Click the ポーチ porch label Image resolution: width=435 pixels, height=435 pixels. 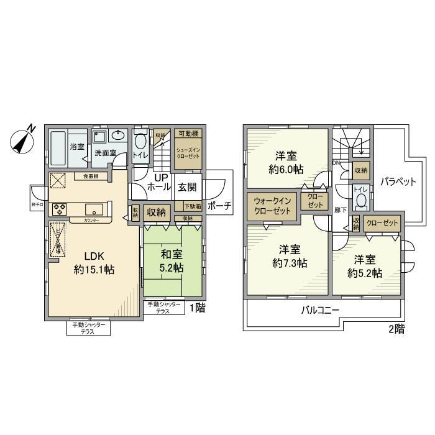click(219, 206)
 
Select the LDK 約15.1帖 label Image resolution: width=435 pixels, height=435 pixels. click(92, 263)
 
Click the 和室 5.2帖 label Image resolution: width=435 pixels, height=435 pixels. click(173, 262)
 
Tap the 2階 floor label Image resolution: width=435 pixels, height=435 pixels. click(396, 329)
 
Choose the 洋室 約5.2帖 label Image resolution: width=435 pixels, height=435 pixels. click(364, 266)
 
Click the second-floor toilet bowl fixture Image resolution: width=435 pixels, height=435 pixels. click(360, 201)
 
